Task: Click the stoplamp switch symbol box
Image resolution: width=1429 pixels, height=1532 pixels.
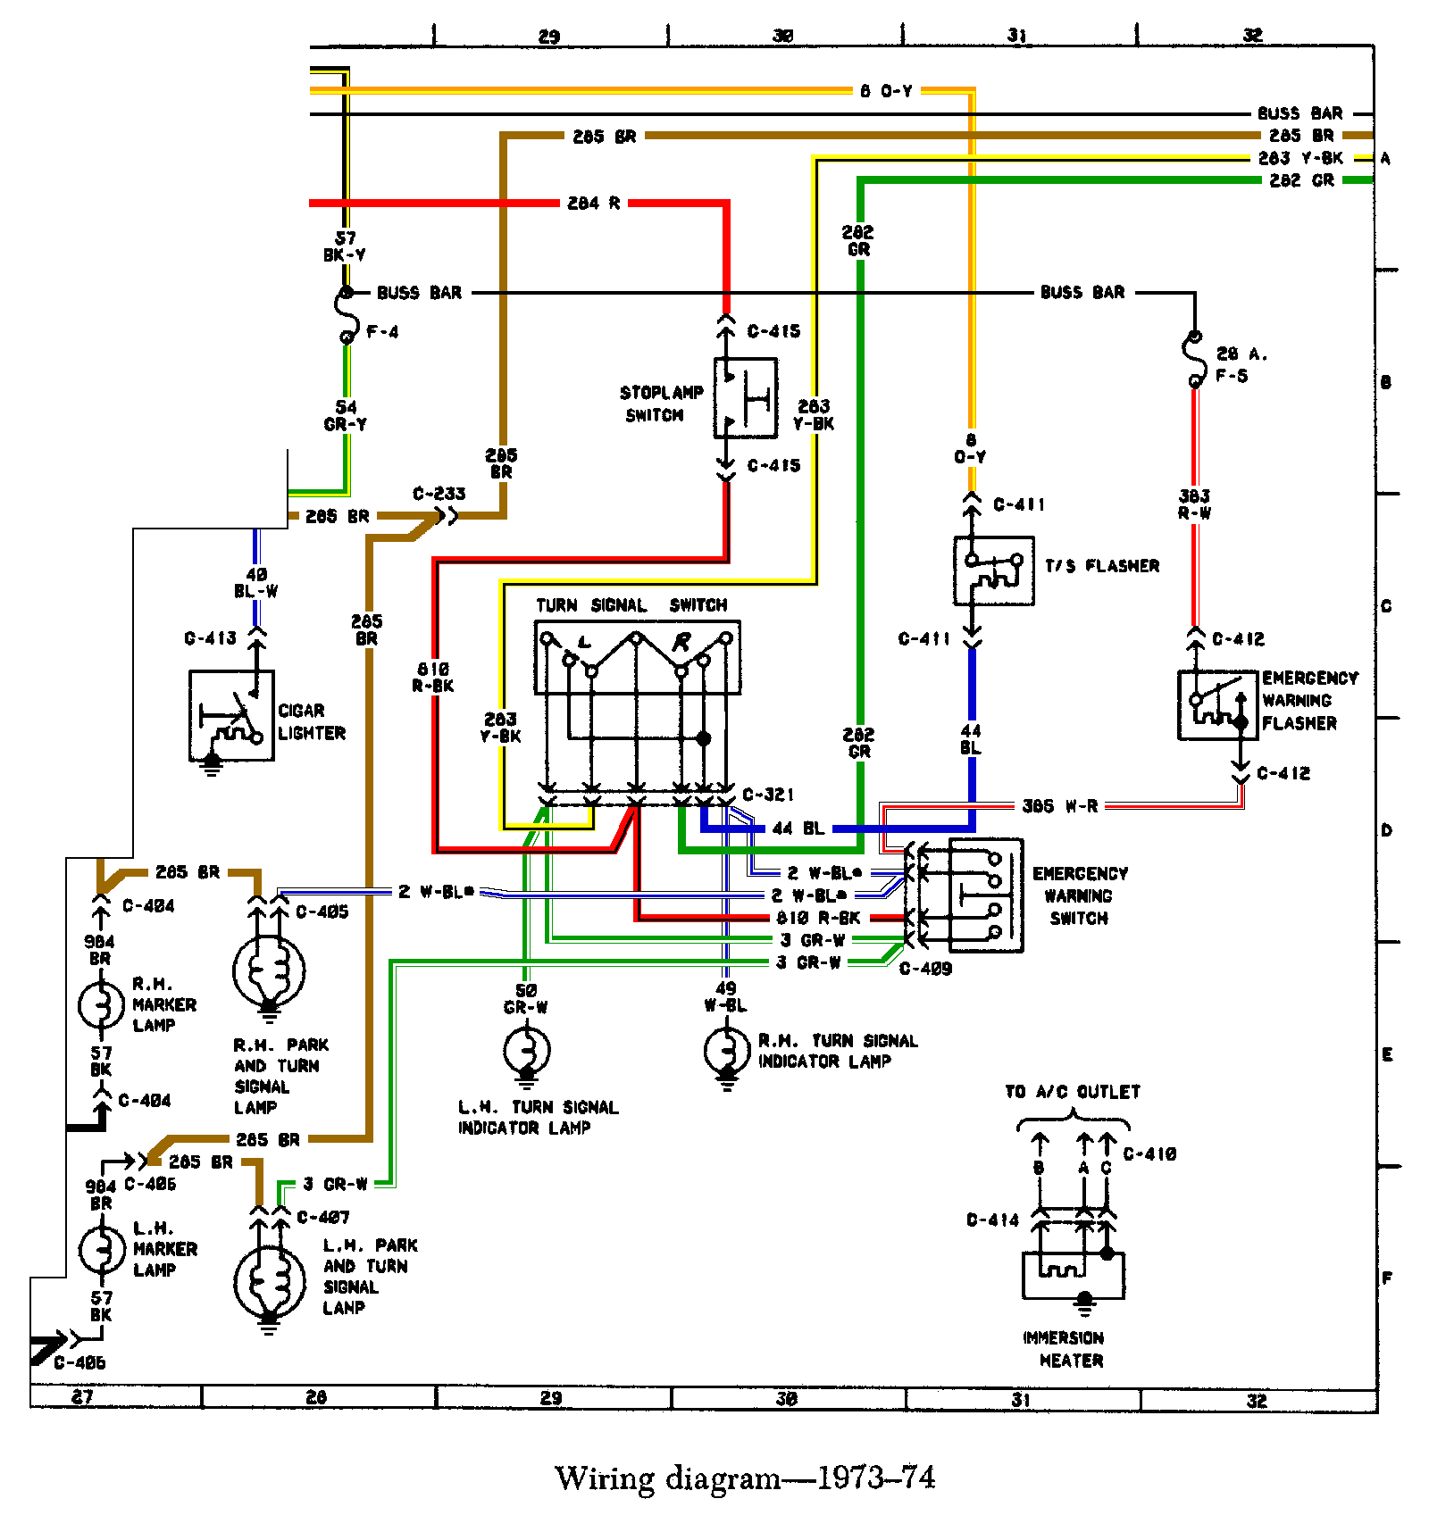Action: pyautogui.click(x=745, y=398)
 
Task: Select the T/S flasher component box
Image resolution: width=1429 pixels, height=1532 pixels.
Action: pyautogui.click(x=993, y=570)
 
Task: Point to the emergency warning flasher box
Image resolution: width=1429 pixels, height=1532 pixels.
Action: pyautogui.click(x=1217, y=705)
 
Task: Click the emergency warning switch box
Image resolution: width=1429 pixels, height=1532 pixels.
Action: pyautogui.click(x=985, y=895)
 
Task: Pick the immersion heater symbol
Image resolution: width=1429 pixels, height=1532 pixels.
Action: pyautogui.click(x=1073, y=1275)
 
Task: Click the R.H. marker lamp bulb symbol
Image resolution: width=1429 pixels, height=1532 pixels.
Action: pyautogui.click(x=100, y=1005)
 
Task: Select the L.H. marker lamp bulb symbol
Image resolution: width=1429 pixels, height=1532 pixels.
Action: pyautogui.click(x=101, y=1250)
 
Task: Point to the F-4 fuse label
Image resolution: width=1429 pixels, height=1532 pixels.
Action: pyautogui.click(x=382, y=332)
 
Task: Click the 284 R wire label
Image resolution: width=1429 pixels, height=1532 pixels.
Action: pyautogui.click(x=593, y=204)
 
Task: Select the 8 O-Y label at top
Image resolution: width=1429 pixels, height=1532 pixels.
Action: pyautogui.click(x=886, y=91)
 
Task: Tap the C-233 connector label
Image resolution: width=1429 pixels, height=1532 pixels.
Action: pyautogui.click(x=439, y=494)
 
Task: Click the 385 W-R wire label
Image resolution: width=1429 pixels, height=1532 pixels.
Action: pyautogui.click(x=1059, y=806)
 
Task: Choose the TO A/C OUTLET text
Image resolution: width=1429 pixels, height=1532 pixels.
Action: pyautogui.click(x=1072, y=1092)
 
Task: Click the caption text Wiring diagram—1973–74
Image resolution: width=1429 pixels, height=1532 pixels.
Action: pyautogui.click(x=744, y=1478)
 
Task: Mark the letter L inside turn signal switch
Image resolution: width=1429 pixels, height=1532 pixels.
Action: pyautogui.click(x=585, y=642)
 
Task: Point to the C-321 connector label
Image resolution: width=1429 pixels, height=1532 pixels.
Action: pyautogui.click(x=767, y=795)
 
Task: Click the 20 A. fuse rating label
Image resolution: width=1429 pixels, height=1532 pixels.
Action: pyautogui.click(x=1241, y=354)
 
